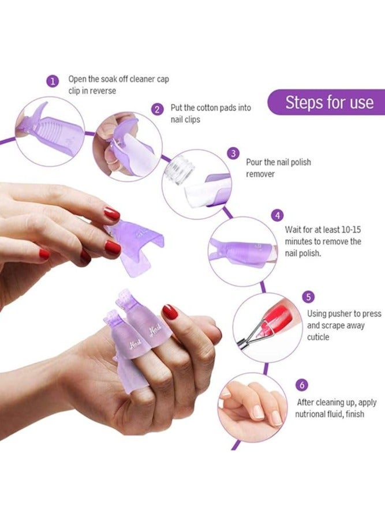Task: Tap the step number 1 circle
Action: point(53,81)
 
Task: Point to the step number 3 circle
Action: point(233,153)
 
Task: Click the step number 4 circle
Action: point(278,216)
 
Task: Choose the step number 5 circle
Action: point(309,297)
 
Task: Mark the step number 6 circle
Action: point(302,385)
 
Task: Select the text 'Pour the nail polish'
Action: point(278,162)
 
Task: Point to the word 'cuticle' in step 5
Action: point(319,337)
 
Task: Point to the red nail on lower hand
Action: point(170,312)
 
